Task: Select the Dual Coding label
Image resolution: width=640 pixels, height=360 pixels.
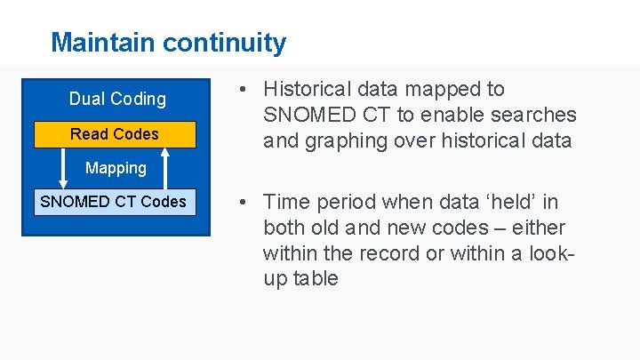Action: [x=117, y=99]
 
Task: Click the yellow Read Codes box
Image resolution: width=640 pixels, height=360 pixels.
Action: [x=115, y=134]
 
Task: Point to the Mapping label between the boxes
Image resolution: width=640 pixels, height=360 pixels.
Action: [x=116, y=168]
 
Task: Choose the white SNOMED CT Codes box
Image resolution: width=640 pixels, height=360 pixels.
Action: [x=114, y=202]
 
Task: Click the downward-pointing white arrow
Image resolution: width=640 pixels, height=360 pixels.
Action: [x=63, y=168]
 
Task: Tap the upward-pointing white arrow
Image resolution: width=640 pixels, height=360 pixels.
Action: [x=165, y=168]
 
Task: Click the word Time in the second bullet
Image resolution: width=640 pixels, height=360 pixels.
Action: [x=284, y=202]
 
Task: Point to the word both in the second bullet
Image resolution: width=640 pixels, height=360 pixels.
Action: [x=284, y=228]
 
